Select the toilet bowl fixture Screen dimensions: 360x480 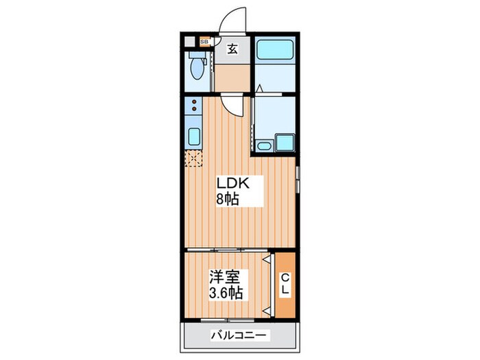pos(197,68)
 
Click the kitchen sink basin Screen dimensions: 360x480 pos(194,136)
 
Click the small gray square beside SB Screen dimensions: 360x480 pos(190,41)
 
